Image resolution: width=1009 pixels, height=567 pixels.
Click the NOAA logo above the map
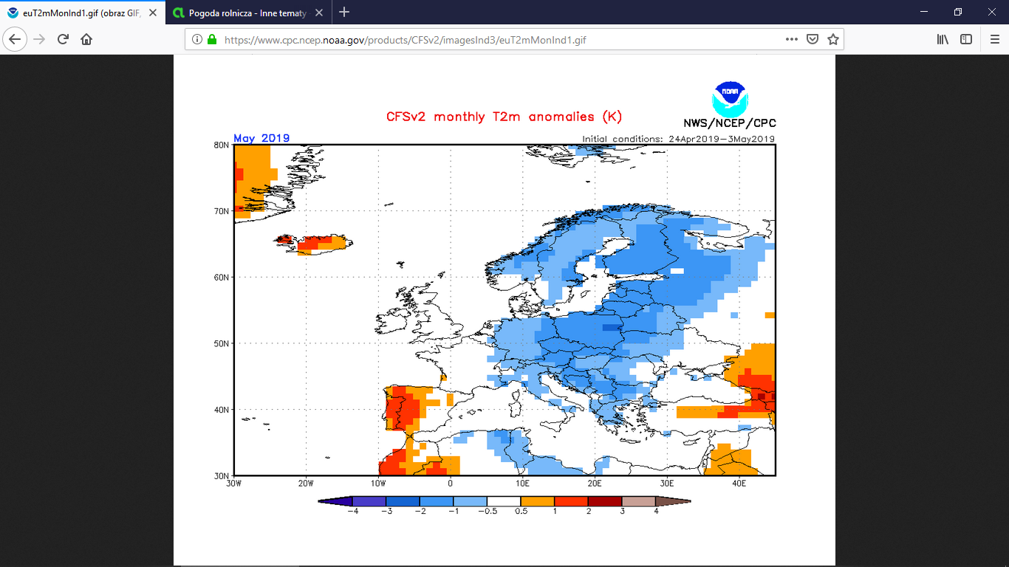point(729,98)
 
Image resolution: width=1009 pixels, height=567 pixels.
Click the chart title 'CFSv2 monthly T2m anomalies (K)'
point(504,117)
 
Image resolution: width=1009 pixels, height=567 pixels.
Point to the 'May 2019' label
point(261,138)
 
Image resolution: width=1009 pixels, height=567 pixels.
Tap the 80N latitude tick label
point(221,145)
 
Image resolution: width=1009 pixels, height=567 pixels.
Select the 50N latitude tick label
point(221,343)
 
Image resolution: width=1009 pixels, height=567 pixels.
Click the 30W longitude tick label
point(234,484)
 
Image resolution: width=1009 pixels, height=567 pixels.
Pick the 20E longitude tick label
point(595,484)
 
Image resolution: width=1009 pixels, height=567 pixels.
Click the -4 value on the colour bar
point(353,511)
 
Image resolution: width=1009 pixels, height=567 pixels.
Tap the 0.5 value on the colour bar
point(521,511)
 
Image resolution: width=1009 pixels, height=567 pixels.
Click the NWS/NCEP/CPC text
point(730,123)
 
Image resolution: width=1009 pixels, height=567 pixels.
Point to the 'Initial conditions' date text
point(678,139)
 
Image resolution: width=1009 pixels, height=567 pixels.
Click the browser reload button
point(63,40)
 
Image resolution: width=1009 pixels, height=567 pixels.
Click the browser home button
point(86,40)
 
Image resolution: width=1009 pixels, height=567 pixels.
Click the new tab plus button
point(344,12)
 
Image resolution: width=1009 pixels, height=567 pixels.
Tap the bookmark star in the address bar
point(833,40)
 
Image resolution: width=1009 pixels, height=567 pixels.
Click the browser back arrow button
point(16,40)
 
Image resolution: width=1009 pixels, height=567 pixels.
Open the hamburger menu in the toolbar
point(994,40)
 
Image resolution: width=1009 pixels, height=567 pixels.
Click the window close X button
point(992,12)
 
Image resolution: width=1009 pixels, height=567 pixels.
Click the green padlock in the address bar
point(212,40)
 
